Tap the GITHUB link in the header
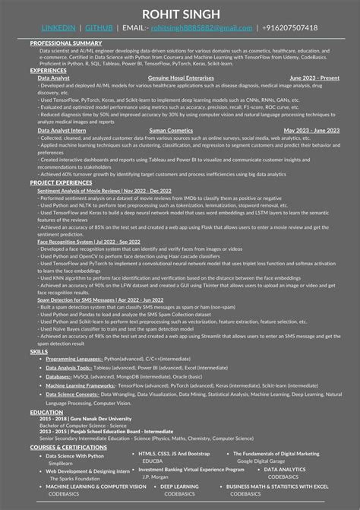tap(99, 27)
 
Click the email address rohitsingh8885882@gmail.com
tap(200, 27)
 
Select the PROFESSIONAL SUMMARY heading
tap(66, 43)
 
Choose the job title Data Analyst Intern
tap(62, 130)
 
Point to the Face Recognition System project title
tap(70, 241)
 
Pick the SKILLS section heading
tap(39, 352)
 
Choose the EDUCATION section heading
tap(46, 412)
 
